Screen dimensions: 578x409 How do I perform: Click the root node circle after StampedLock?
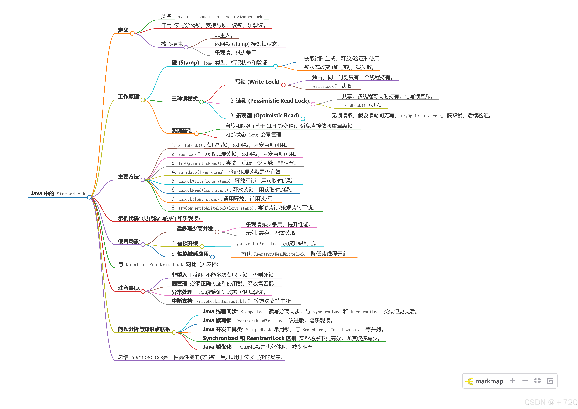[x=89, y=197]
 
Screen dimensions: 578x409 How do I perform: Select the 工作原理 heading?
[x=128, y=97]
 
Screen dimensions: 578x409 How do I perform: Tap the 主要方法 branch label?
[x=128, y=177]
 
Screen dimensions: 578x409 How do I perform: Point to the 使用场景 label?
[x=128, y=241]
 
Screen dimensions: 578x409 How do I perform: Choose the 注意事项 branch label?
[x=128, y=288]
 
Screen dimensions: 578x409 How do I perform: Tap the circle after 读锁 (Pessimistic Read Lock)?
[x=313, y=104]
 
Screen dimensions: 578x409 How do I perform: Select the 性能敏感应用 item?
[x=193, y=254]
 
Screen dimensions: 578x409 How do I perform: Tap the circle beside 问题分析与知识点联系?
[x=174, y=332]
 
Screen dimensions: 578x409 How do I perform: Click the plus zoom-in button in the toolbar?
[x=513, y=381]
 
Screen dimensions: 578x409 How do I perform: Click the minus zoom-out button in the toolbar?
[x=525, y=381]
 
